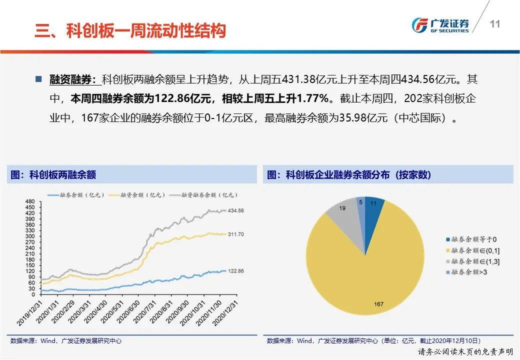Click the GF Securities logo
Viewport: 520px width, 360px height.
(x=440, y=24)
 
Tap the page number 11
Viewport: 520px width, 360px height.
(x=495, y=24)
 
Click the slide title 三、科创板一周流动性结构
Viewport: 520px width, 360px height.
(x=130, y=30)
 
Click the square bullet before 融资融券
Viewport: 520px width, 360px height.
(x=38, y=79)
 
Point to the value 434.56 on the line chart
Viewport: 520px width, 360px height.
(x=235, y=211)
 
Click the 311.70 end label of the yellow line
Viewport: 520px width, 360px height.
(x=235, y=234)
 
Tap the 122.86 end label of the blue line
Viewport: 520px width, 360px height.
(x=235, y=271)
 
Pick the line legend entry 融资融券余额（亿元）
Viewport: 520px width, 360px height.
(x=205, y=195)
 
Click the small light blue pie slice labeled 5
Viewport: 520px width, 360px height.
(x=360, y=202)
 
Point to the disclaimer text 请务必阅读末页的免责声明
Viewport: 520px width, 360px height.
(x=465, y=351)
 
